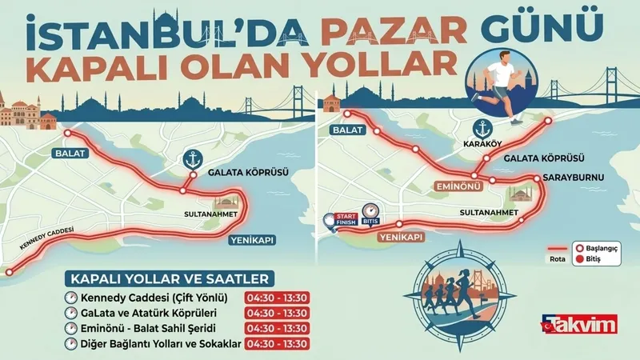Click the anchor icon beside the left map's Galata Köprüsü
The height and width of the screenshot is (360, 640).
(190, 158)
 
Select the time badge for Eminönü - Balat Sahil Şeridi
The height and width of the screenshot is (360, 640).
(276, 328)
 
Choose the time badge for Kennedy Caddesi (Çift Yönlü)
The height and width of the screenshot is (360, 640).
(276, 298)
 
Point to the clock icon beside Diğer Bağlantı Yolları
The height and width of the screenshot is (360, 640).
(70, 344)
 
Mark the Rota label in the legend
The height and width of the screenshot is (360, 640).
(557, 258)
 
